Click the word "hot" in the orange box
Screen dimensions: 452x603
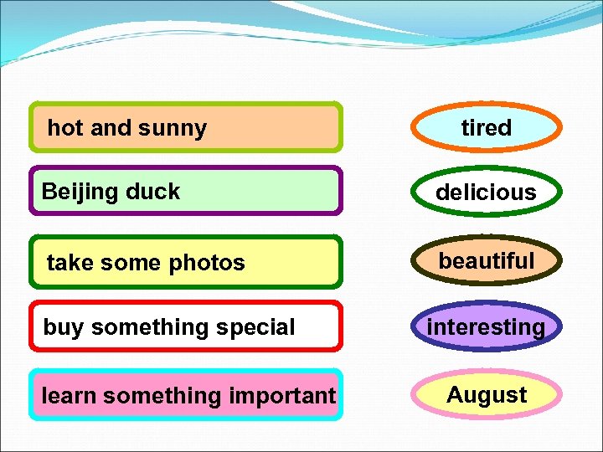coord(65,128)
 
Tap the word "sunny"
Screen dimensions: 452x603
coord(172,128)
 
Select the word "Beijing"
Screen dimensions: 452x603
coord(75,192)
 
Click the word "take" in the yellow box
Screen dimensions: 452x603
coord(68,263)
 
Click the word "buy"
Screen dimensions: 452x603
coord(63,327)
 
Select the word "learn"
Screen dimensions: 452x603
coord(69,395)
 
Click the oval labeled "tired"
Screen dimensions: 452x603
coord(487,128)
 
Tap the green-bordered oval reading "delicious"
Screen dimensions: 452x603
coord(487,193)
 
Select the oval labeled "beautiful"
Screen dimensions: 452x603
coord(487,261)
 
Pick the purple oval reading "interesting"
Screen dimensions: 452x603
coord(487,326)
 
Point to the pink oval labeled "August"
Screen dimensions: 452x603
coord(487,394)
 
